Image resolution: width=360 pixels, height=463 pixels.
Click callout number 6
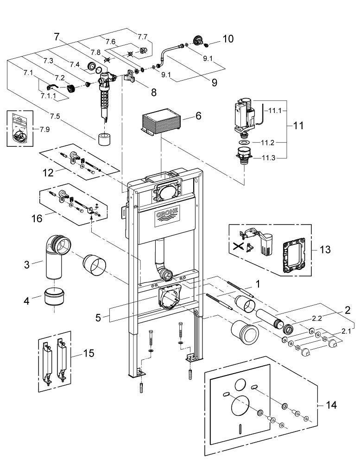198,116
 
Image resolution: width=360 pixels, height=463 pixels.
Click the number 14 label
330,404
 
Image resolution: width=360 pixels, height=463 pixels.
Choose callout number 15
88,353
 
